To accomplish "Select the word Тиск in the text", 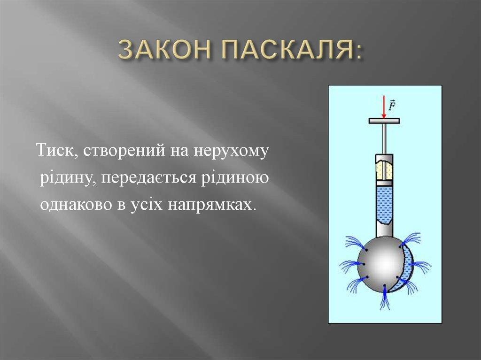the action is (54, 150).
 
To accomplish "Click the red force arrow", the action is (383, 107).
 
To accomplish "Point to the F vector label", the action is (392, 105).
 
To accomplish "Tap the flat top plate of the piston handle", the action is (384, 121).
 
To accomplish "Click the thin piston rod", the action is (384, 139).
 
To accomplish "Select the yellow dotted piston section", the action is (384, 170).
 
